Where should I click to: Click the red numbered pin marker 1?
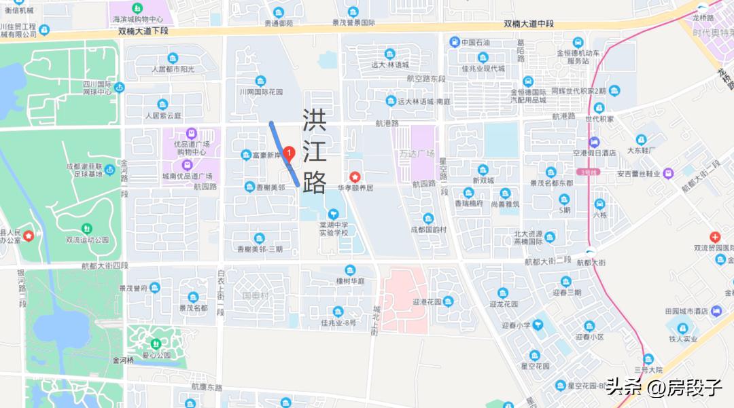click(x=288, y=153)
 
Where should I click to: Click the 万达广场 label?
click(x=417, y=153)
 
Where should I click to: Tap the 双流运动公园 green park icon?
click(x=87, y=229)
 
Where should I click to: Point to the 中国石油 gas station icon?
click(x=454, y=42)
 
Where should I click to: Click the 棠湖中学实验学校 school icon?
click(x=332, y=214)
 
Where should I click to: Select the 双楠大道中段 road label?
click(x=529, y=24)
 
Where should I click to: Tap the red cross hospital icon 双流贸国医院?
click(x=714, y=237)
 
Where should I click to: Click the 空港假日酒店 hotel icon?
click(x=594, y=142)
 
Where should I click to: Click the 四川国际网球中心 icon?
click(x=120, y=87)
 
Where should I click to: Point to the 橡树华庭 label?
click(x=350, y=280)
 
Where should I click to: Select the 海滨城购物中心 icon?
click(x=138, y=9)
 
